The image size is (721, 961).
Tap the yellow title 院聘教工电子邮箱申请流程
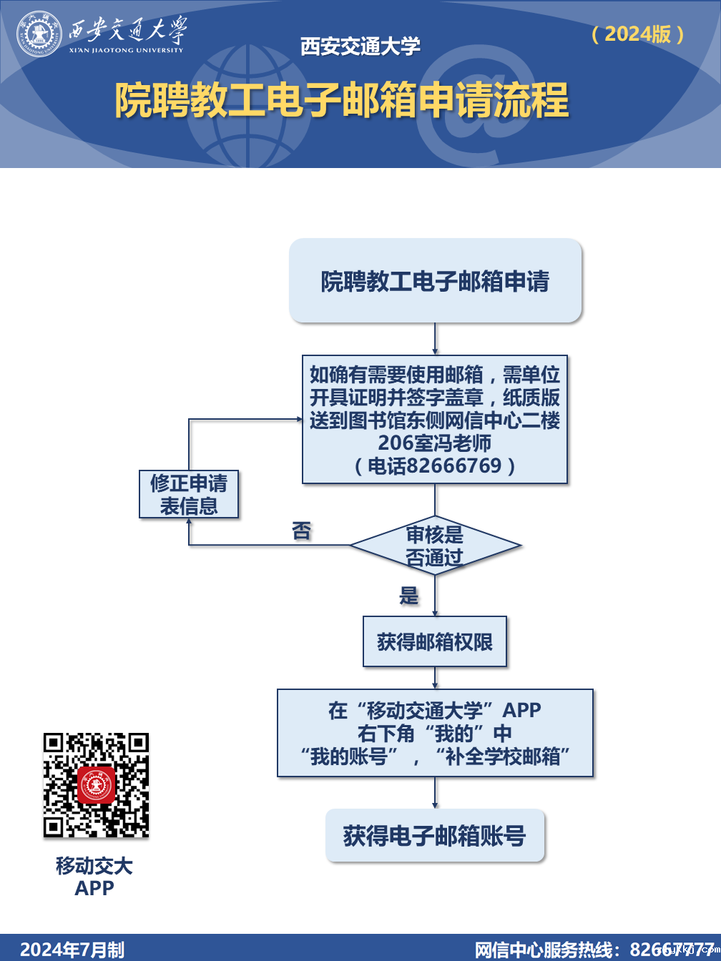342,100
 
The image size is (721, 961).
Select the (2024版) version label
638,34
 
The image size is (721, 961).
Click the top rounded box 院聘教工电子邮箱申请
435,281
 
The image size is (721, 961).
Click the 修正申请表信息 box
189,494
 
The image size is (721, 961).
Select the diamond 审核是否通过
435,546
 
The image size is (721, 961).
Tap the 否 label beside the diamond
302,531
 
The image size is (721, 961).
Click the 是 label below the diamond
408,596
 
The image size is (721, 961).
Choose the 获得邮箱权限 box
435,642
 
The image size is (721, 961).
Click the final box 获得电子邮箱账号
435,836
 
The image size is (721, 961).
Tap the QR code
96,785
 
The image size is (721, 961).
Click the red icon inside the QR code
96,785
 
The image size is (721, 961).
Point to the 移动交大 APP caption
94,877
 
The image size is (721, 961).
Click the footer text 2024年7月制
72,950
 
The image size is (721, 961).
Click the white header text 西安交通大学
360,46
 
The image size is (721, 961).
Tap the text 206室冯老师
435,443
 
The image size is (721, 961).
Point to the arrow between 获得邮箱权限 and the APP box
435,678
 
